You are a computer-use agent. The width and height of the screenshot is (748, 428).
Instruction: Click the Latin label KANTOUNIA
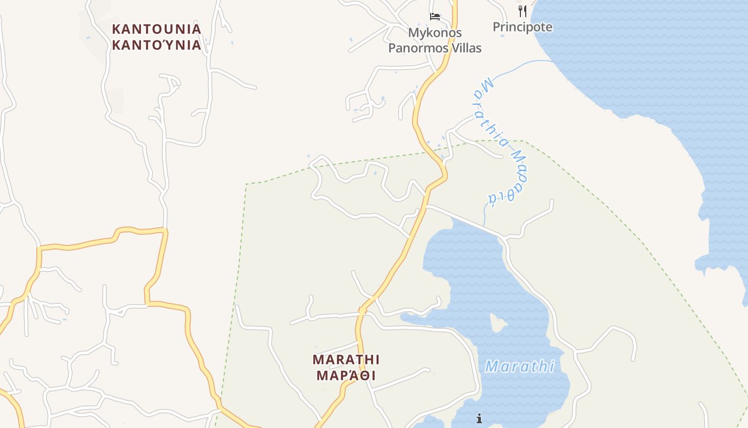click(157, 29)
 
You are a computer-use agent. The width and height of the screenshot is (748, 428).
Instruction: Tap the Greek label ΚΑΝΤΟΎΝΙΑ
click(157, 45)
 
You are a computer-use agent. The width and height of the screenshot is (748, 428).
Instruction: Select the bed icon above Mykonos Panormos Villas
click(435, 17)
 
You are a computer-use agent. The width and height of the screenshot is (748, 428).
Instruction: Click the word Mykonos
click(435, 33)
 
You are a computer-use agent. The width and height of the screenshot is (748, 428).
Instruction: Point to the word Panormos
click(419, 48)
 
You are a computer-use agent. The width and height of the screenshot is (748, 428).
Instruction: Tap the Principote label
click(523, 27)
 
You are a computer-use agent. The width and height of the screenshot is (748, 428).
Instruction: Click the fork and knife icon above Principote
click(523, 11)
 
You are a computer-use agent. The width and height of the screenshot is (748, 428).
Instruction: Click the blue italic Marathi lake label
click(520, 366)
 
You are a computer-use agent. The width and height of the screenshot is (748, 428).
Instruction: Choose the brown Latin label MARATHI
click(346, 358)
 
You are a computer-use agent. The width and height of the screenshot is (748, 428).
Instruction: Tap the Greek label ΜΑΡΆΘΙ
click(346, 375)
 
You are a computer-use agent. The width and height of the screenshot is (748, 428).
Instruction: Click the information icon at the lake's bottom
click(479, 418)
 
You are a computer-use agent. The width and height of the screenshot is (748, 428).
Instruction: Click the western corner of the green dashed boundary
click(246, 185)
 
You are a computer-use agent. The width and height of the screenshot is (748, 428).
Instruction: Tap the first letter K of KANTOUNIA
click(116, 29)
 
